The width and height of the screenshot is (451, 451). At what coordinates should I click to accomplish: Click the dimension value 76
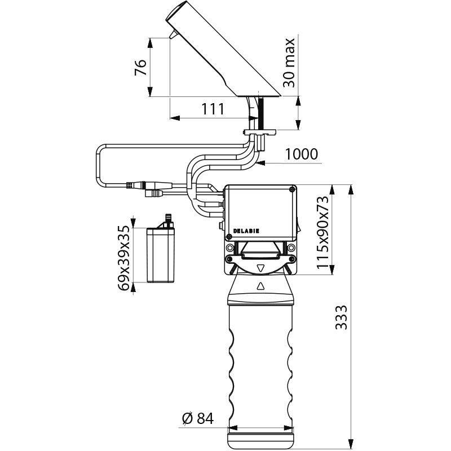(142, 67)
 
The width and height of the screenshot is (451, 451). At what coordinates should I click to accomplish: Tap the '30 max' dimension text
(289, 63)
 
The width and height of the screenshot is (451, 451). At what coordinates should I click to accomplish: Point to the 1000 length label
(302, 154)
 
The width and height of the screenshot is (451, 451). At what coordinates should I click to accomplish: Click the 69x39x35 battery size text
(124, 258)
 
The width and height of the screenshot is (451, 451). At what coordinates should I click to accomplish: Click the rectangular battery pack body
(162, 255)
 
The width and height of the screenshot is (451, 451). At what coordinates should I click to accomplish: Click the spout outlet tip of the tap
(171, 36)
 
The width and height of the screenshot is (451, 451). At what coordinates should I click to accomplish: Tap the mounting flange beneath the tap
(259, 132)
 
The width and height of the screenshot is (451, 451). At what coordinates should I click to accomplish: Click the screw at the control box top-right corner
(291, 191)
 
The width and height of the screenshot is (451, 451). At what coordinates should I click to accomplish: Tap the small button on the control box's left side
(220, 227)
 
